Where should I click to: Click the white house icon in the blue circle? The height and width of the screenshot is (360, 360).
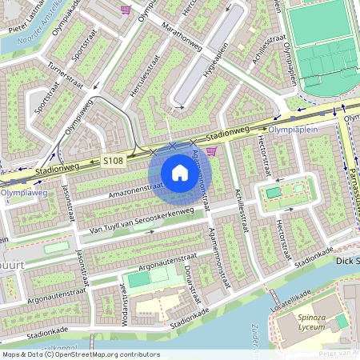tap(179, 173)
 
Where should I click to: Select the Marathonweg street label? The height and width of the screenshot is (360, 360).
tap(179, 34)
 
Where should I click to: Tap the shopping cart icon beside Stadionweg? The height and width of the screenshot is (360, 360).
tap(211, 150)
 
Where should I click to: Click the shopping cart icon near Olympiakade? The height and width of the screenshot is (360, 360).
tap(126, 10)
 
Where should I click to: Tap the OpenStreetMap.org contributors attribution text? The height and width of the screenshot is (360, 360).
tap(104, 354)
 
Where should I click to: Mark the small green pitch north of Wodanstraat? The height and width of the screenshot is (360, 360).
tap(138, 280)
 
